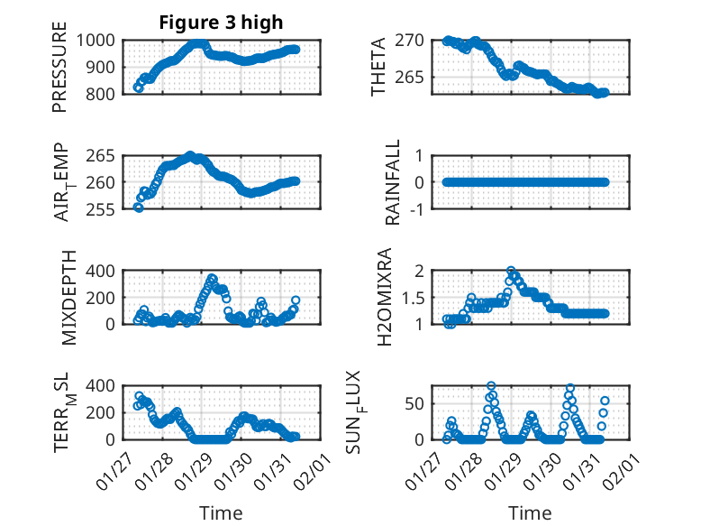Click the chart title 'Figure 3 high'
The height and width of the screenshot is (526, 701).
[221, 23]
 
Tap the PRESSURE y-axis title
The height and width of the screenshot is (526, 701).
[59, 72]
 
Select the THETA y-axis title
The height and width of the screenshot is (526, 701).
[379, 67]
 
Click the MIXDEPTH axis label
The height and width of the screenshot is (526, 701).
[69, 299]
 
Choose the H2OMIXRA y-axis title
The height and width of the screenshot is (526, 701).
[384, 297]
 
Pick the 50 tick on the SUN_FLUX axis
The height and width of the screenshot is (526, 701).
[414, 403]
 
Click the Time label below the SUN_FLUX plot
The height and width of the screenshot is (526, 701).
[530, 513]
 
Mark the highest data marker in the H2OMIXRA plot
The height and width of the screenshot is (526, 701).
[511, 271]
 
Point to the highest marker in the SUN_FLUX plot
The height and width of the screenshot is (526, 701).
[491, 386]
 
